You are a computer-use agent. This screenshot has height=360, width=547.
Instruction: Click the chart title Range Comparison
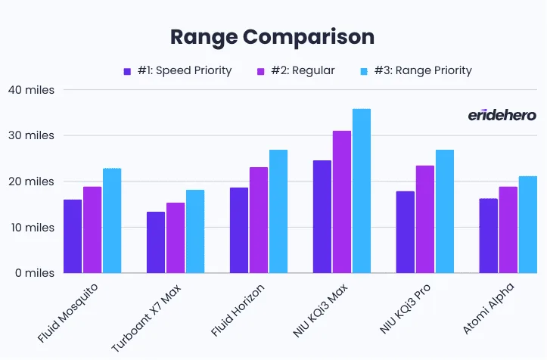coord(272,36)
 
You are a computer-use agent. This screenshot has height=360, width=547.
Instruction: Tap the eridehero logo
coord(502,115)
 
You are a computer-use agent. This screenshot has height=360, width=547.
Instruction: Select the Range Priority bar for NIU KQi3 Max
coord(362,191)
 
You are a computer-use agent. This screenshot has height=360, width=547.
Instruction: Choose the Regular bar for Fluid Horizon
coord(259,220)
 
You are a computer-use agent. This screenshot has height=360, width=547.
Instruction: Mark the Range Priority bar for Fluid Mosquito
coord(112,220)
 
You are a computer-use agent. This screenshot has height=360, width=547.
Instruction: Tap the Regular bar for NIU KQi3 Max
coord(342,201)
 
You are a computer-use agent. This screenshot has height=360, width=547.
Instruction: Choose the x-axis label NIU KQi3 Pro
coord(405,312)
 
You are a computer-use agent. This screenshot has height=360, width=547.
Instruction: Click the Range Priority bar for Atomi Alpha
coord(528,224)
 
